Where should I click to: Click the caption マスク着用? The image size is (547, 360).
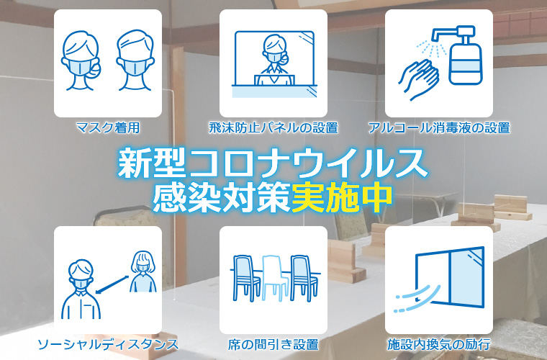tap(108, 128)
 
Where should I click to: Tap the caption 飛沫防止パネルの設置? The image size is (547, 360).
tap(273, 128)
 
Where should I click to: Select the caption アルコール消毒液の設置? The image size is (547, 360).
tap(439, 128)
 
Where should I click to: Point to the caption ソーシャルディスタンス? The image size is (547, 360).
tap(108, 345)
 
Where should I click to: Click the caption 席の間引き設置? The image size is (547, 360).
tap(273, 345)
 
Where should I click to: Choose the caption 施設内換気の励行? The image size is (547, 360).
tap(439, 345)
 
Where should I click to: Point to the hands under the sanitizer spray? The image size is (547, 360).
tap(419, 78)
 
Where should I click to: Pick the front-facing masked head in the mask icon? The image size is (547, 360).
tap(81, 60)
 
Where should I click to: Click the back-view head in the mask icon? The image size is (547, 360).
tap(135, 60)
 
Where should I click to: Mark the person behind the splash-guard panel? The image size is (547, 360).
tap(275, 59)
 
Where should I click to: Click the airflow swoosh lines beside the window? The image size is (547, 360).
tap(417, 298)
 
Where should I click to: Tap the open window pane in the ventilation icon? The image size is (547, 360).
tap(467, 277)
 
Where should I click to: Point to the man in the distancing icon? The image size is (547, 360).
tap(81, 289)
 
